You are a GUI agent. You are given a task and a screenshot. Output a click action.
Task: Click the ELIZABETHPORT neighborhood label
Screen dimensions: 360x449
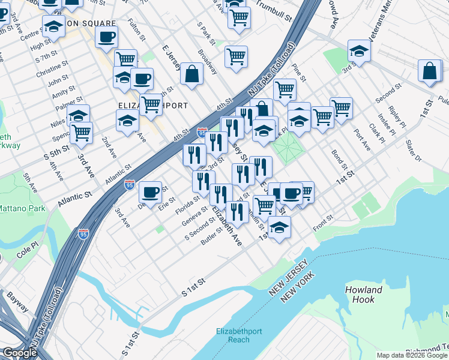[152, 106]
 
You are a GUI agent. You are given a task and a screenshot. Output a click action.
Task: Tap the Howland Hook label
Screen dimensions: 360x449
[364, 295]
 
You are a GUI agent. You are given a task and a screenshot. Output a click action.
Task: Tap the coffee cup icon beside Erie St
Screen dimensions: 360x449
[150, 191]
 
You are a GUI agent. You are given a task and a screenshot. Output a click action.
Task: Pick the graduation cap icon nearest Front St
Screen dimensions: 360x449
[279, 227]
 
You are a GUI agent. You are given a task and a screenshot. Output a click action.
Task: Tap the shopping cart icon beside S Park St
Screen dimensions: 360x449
[236, 57]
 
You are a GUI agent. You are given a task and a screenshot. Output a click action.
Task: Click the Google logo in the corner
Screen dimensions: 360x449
[20, 353]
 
